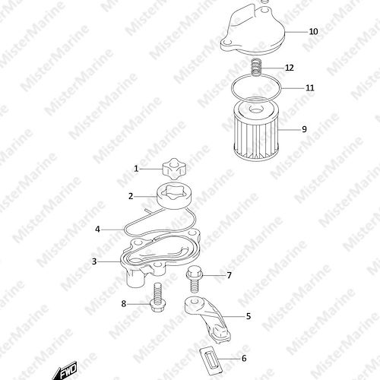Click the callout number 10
[x=313, y=32]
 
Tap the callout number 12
[x=290, y=68]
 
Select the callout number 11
[x=310, y=88]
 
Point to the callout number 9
[x=304, y=129]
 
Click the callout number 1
[x=136, y=169]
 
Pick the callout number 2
[x=131, y=196]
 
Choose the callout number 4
[x=97, y=230]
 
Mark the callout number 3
[x=94, y=261]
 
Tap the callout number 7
[x=229, y=275]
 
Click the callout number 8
[x=124, y=303]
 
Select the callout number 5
[x=249, y=316]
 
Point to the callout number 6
[x=244, y=358]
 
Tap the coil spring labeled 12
[x=256, y=67]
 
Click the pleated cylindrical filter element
[x=255, y=128]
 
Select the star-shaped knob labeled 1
[x=174, y=168]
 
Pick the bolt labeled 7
[x=193, y=279]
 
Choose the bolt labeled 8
[x=157, y=297]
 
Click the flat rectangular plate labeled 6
[x=211, y=361]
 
